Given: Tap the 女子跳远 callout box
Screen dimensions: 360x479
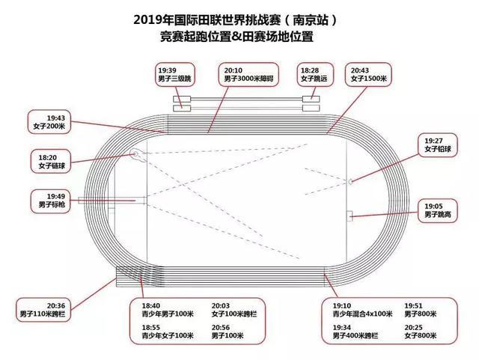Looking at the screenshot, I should pyautogui.click(x=314, y=73).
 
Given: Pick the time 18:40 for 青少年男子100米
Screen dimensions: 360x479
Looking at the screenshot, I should pyautogui.click(x=151, y=305).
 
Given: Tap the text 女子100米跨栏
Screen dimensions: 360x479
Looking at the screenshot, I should pyautogui.click(x=225, y=315).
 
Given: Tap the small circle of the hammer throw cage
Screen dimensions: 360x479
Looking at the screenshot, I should pyautogui.click(x=134, y=156).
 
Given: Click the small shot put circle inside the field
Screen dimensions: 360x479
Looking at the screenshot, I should pyautogui.click(x=351, y=181).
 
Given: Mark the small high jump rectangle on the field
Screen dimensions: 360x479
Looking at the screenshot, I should pyautogui.click(x=350, y=215).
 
